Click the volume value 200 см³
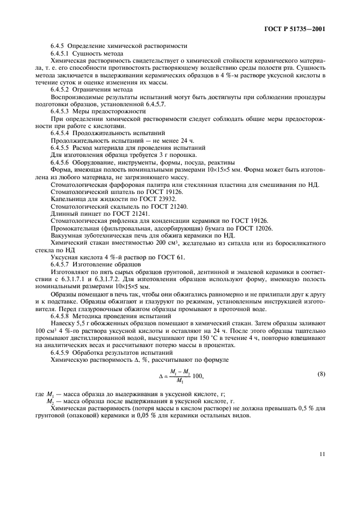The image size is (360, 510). point(175,243)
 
